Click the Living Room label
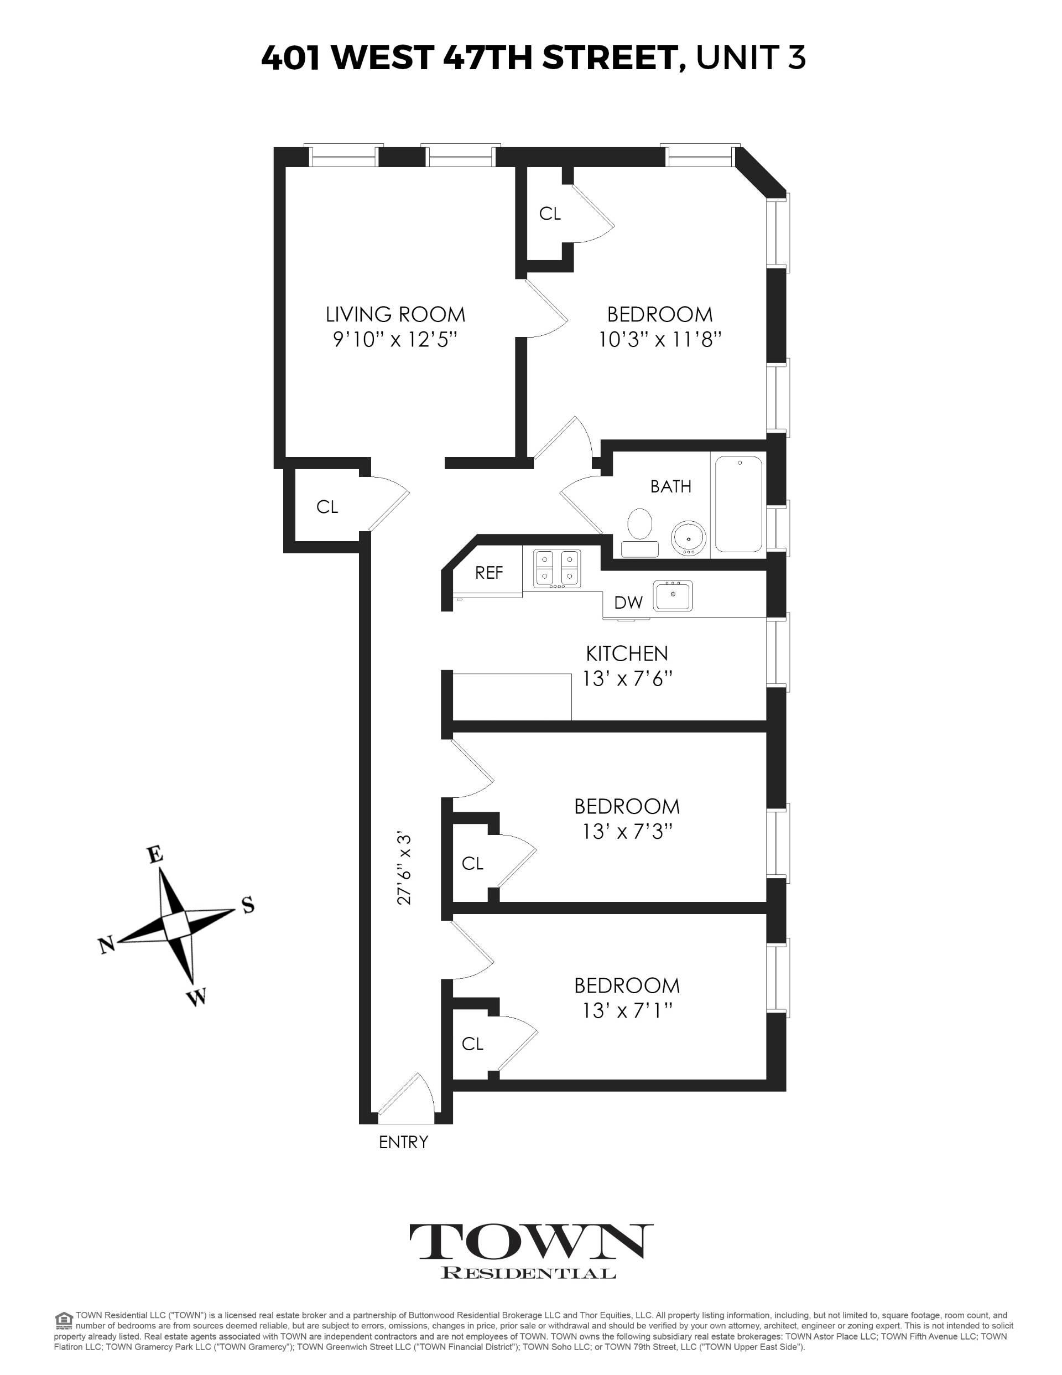395,314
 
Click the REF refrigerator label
489,573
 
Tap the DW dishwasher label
628,603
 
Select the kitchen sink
673,595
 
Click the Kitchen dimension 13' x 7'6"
627,679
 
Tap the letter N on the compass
106,945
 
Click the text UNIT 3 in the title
751,58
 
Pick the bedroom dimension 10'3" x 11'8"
659,340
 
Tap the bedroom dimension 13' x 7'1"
627,1011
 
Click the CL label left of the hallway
327,507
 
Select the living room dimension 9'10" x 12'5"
395,340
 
